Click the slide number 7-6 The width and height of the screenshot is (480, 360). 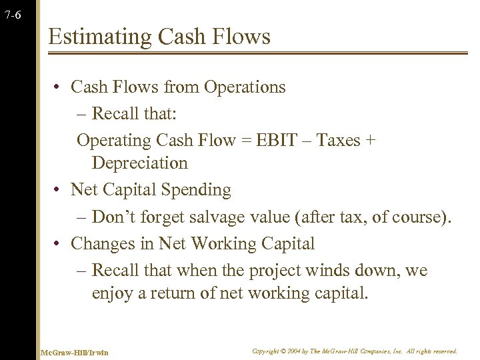click(11, 15)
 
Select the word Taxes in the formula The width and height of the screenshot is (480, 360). click(338, 141)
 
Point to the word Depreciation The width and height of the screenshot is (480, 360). click(140, 163)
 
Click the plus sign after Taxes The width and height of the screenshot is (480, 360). click(371, 141)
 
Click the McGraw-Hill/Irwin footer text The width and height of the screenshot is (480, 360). click(74, 352)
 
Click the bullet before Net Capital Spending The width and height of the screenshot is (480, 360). click(59, 191)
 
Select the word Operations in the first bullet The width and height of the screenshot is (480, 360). click(245, 87)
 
